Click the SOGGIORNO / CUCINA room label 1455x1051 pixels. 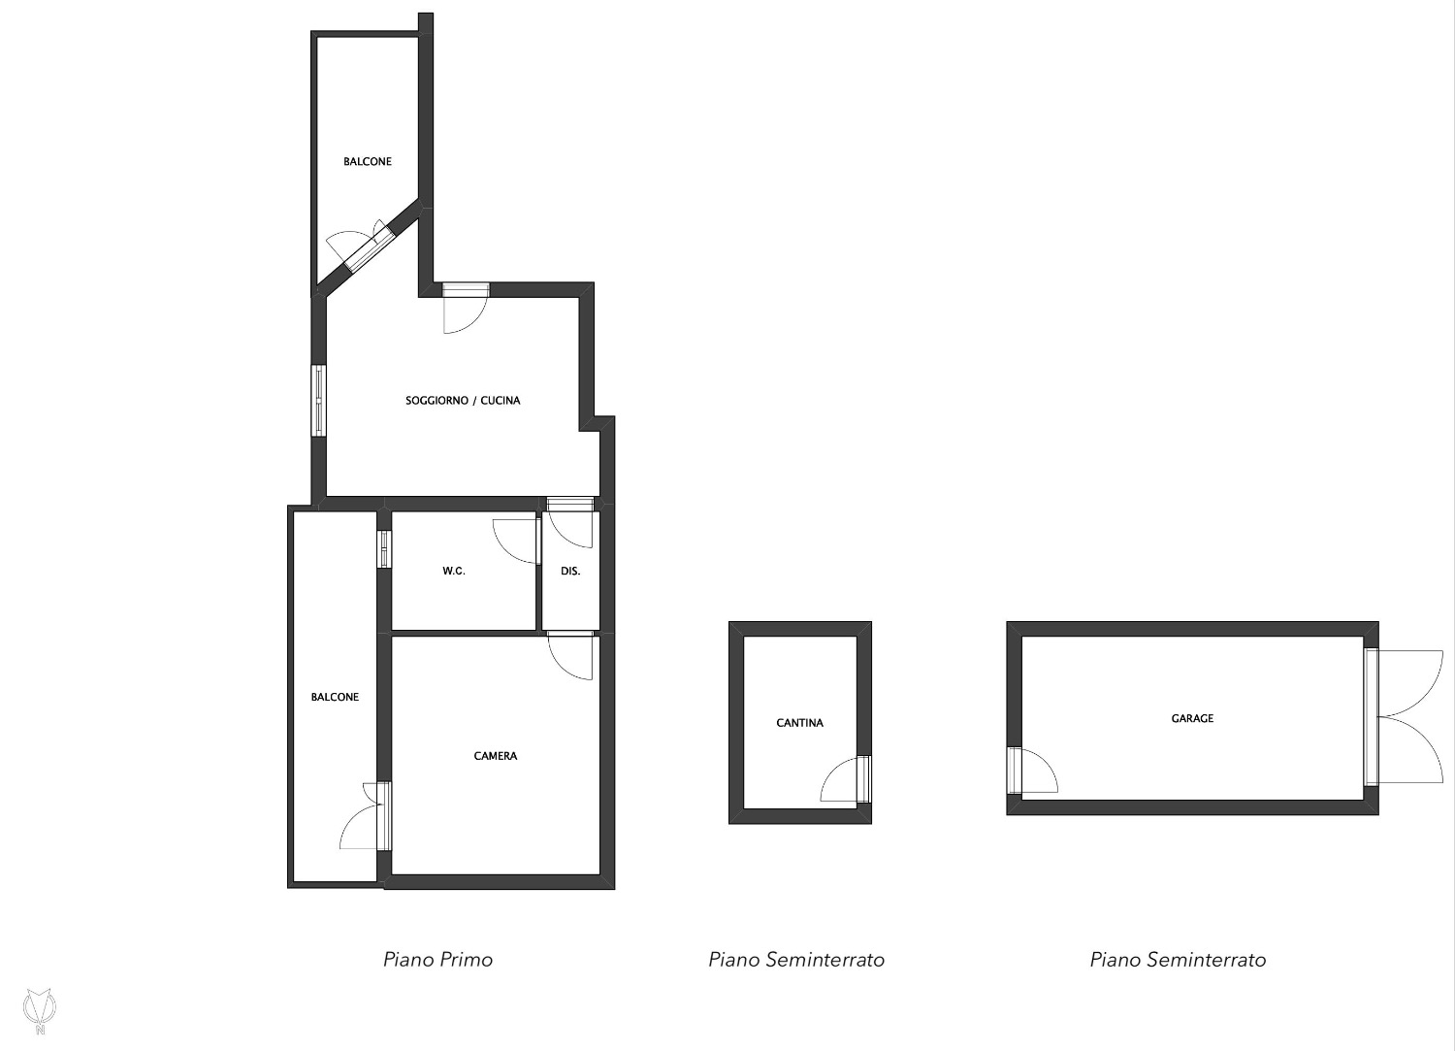[463, 401]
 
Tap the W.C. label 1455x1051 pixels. [453, 571]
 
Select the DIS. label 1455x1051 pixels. [570, 571]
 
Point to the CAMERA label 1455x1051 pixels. [495, 756]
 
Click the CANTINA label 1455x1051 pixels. [799, 723]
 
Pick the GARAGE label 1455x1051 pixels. [1192, 718]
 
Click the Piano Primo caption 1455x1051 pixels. [437, 960]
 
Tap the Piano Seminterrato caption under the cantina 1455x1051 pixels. [796, 960]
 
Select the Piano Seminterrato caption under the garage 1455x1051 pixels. [1178, 960]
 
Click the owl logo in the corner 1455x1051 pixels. [40, 1010]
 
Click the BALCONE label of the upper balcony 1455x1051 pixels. [368, 161]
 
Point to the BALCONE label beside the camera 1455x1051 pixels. [335, 697]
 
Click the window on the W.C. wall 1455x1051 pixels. [384, 549]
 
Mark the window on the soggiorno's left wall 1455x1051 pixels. [318, 401]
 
